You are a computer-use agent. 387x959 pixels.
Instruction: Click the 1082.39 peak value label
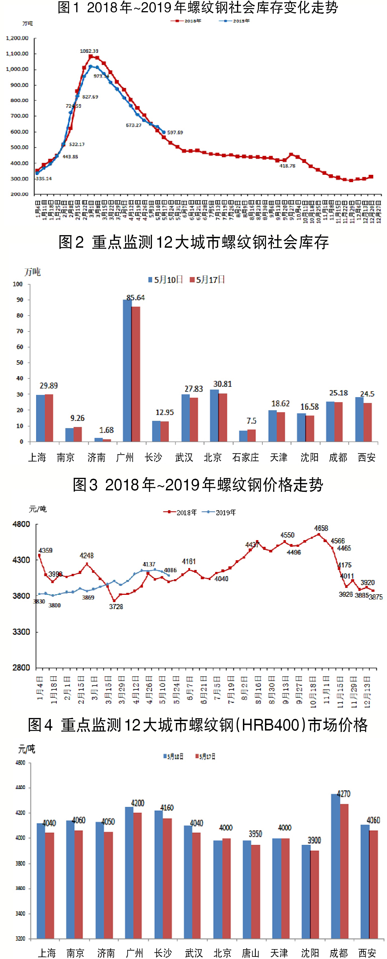(89, 51)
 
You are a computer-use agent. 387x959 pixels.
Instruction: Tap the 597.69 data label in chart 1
(175, 133)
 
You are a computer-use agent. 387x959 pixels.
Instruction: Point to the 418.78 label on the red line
(287, 166)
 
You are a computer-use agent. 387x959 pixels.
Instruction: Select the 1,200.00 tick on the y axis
(17, 38)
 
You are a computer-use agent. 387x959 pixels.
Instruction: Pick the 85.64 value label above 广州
(135, 297)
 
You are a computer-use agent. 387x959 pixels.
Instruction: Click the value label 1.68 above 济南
(106, 430)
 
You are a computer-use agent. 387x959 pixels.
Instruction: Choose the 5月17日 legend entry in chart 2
(208, 280)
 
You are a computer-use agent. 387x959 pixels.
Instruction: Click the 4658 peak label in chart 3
(321, 528)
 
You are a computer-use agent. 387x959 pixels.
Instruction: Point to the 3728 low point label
(116, 607)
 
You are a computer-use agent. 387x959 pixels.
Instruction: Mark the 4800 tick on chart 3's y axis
(21, 524)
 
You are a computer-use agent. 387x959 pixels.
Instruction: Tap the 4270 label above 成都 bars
(343, 794)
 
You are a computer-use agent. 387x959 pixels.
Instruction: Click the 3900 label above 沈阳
(314, 840)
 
